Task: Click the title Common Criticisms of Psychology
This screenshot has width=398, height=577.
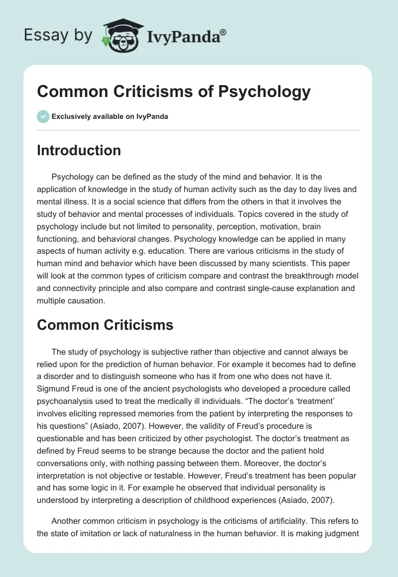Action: click(x=174, y=92)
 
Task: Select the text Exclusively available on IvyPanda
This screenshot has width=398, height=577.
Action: click(x=110, y=116)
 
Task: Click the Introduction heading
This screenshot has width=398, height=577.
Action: click(x=79, y=150)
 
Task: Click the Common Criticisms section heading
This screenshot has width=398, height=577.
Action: click(x=105, y=325)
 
